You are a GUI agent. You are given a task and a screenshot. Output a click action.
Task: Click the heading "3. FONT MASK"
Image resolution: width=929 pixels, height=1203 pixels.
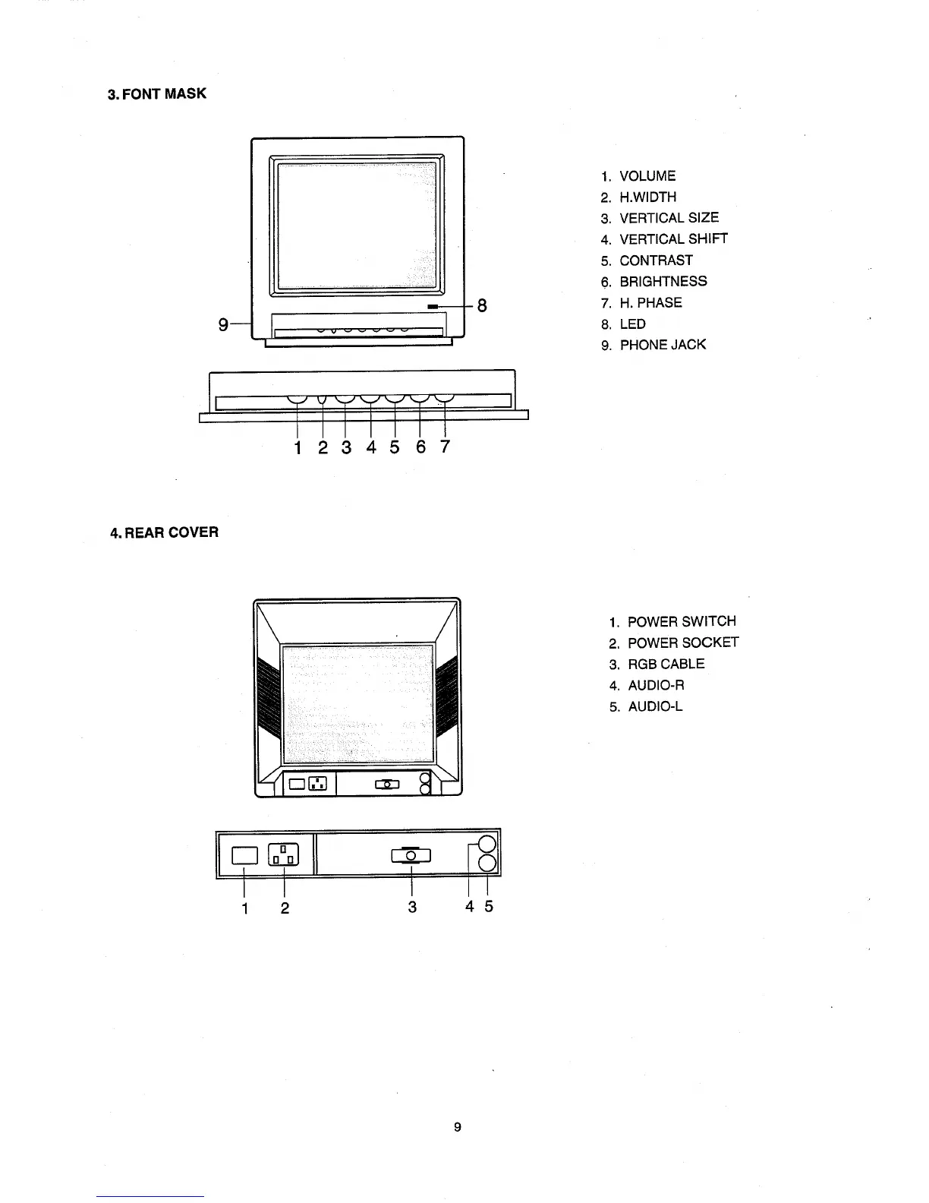[157, 94]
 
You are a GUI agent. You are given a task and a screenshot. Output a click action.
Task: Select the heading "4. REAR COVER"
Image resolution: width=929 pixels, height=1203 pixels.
[165, 532]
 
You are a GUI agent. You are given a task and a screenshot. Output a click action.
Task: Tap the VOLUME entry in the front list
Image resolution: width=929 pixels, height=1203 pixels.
[647, 176]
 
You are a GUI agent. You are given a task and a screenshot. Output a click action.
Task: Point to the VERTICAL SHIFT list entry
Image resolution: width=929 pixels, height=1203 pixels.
[672, 239]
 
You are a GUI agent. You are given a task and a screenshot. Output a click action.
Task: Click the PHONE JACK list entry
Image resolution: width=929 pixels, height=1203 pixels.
[662, 345]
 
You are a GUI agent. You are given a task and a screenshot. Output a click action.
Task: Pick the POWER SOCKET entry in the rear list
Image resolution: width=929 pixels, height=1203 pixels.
[682, 643]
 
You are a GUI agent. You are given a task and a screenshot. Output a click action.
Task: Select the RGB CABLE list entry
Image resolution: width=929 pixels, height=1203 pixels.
[666, 664]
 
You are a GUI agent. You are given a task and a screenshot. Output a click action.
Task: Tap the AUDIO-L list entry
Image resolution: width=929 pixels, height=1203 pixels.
[654, 706]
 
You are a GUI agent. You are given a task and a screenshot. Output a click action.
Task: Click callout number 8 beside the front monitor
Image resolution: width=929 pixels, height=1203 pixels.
[481, 306]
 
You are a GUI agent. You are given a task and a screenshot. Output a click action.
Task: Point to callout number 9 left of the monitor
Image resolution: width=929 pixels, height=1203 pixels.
[223, 324]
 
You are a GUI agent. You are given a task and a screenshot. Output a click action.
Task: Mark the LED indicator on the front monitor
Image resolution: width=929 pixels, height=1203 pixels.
[433, 306]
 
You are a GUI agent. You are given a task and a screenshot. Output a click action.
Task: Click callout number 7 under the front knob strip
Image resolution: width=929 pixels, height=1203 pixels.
[445, 447]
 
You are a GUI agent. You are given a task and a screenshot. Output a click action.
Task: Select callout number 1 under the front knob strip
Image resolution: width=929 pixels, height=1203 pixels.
[298, 447]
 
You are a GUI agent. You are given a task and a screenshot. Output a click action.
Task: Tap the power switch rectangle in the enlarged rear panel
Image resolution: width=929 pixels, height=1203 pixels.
[244, 855]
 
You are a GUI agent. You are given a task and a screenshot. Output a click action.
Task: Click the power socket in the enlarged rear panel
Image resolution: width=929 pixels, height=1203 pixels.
[284, 855]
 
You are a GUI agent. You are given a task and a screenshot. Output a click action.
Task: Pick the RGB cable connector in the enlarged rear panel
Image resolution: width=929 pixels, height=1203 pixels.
[411, 855]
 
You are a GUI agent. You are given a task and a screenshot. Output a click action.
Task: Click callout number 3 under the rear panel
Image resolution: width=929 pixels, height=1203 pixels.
[412, 907]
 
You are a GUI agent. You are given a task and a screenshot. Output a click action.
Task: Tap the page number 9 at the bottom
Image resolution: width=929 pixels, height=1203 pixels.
[457, 1127]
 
